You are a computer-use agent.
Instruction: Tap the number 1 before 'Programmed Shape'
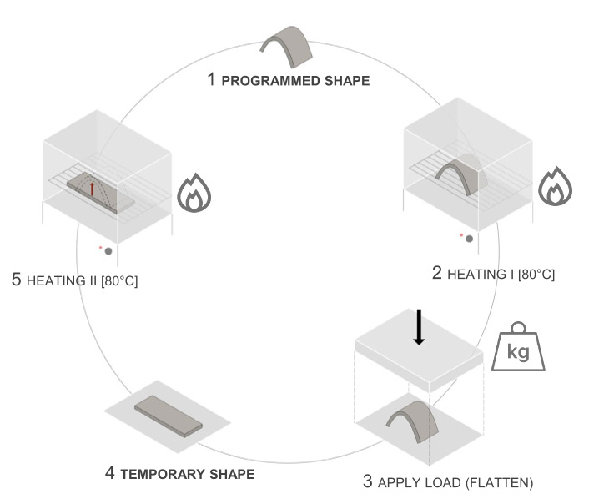click(212, 80)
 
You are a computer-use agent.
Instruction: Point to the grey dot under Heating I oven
click(470, 239)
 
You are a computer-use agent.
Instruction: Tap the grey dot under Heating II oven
click(108, 250)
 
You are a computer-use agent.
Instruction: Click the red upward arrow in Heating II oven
click(92, 188)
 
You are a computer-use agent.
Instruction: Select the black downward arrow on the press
click(419, 326)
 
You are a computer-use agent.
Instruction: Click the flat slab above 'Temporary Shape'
click(169, 415)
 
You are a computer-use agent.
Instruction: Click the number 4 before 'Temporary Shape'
click(110, 474)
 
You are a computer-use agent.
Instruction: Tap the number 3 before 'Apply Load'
click(368, 481)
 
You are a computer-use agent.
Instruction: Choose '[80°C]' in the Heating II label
click(119, 281)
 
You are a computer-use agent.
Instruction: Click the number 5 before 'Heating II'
click(16, 280)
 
